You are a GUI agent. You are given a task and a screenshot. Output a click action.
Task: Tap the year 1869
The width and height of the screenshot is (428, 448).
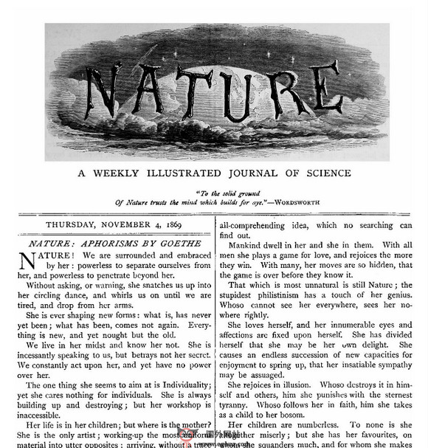tap(182, 225)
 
